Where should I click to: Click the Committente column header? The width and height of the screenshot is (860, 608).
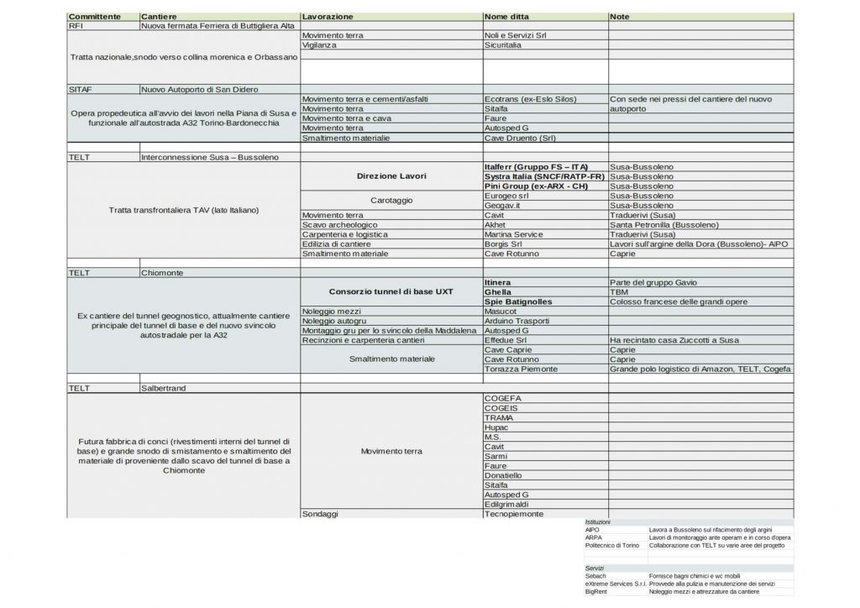[94, 17]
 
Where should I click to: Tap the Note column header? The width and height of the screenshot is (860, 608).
[620, 17]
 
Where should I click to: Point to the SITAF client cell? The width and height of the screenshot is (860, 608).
[81, 89]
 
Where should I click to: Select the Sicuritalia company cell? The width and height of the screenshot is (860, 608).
[503, 45]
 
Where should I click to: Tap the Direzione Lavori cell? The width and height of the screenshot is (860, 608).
[391, 176]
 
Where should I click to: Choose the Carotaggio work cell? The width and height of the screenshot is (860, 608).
[391, 200]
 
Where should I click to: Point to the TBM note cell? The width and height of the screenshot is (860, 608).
[620, 292]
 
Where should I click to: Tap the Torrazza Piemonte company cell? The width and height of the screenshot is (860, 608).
[521, 369]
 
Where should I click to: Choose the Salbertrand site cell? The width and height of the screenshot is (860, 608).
[164, 389]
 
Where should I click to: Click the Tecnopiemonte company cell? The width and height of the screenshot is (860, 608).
[514, 514]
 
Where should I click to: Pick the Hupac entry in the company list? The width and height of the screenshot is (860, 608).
[497, 427]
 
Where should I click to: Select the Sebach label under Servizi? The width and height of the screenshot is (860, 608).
[595, 576]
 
